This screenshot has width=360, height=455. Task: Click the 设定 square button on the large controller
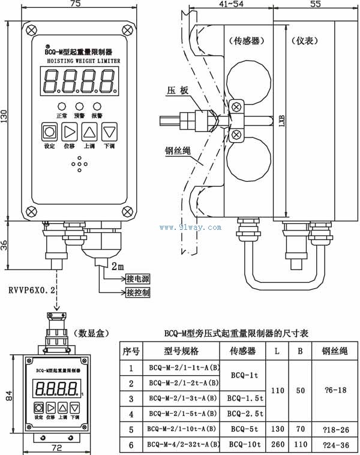[50, 131]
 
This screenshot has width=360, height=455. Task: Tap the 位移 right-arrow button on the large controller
[70, 131]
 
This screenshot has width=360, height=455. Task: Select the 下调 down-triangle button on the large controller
[109, 131]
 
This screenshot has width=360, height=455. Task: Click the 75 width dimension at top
[75, 4]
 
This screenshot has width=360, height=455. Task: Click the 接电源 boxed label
[138, 279]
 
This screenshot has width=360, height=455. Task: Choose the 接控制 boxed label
[138, 292]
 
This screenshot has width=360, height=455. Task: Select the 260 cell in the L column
[276, 445]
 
